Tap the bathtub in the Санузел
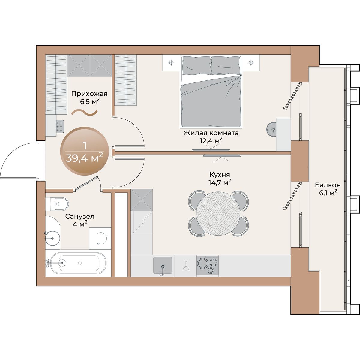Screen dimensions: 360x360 pyautogui.click(x=79, y=263)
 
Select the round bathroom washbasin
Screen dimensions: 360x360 pyautogui.click(x=52, y=238)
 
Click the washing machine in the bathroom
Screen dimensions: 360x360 pyautogui.click(x=100, y=238)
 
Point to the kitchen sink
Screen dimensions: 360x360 pyautogui.click(x=163, y=265)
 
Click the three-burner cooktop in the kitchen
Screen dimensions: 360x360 pyautogui.click(x=208, y=265)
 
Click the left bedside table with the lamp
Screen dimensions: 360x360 pyautogui.click(x=171, y=63)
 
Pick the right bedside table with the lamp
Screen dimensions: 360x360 pyautogui.click(x=251, y=63)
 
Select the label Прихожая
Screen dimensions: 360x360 pyautogui.click(x=89, y=94)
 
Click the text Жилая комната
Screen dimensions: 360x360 pyautogui.click(x=211, y=133)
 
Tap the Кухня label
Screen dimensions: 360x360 pyautogui.click(x=220, y=175)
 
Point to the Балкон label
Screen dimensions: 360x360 pyautogui.click(x=328, y=185)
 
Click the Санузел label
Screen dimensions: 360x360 pyautogui.click(x=80, y=217)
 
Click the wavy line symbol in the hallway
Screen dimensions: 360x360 pyautogui.click(x=85, y=113)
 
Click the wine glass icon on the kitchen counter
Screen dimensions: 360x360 pyautogui.click(x=185, y=266)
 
